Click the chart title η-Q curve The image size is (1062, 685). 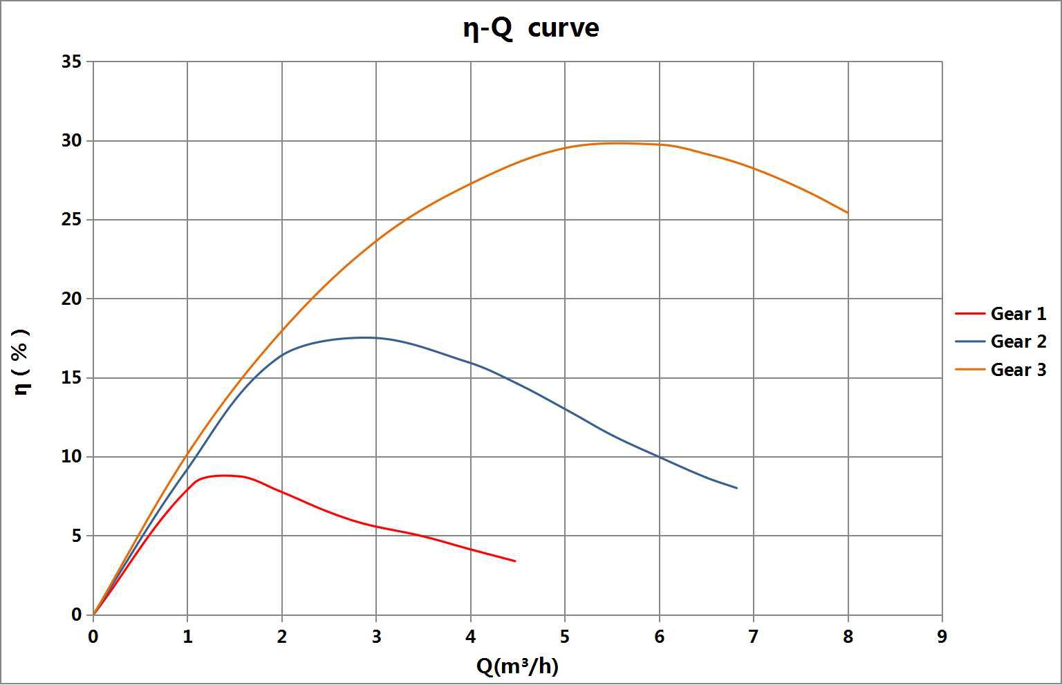pos(530,29)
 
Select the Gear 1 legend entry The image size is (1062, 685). pos(1018,314)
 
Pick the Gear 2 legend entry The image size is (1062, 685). pos(1018,341)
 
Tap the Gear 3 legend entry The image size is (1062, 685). pos(1018,370)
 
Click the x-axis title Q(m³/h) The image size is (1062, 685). pos(517,666)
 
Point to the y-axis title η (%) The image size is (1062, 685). pos(22,362)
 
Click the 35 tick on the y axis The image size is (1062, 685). pos(71,62)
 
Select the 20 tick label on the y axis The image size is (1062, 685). pos(71,299)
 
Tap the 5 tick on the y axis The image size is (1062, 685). pos(76,536)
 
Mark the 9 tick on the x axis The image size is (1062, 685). pos(942,637)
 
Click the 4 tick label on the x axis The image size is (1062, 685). pos(471,637)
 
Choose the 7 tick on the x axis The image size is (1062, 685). pos(753,637)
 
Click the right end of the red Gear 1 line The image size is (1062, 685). pos(515,561)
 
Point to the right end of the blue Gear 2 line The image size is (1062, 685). pos(737,488)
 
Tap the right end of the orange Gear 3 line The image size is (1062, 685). pos(848,213)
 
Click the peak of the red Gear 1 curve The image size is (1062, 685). pos(223,475)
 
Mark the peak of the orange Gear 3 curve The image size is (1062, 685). pos(615,143)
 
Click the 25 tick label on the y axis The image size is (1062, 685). pos(71,220)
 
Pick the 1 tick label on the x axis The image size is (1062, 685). pos(187,637)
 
